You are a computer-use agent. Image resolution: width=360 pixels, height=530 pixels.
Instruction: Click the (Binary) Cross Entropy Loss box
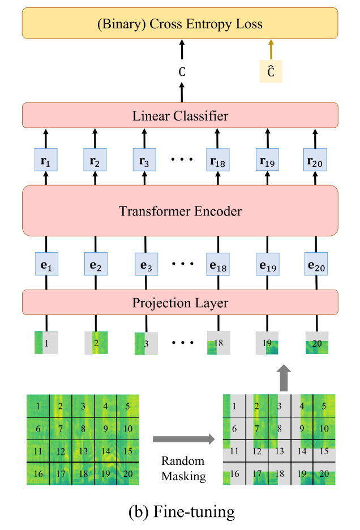click(180, 23)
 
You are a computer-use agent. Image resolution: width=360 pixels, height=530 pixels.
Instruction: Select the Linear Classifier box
click(180, 115)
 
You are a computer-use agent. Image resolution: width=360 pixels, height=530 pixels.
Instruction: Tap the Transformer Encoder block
click(180, 210)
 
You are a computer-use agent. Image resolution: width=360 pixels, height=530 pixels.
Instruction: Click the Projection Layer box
click(180, 303)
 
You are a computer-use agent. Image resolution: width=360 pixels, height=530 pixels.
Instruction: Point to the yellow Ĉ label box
click(271, 71)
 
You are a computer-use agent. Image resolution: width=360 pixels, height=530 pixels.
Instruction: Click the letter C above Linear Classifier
click(182, 72)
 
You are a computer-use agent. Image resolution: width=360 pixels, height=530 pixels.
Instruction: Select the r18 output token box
click(218, 160)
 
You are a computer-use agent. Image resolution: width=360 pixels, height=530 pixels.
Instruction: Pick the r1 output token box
click(46, 160)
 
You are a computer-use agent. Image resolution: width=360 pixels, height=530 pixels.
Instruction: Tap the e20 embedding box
click(316, 264)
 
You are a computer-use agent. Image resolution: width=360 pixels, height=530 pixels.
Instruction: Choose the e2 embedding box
click(96, 264)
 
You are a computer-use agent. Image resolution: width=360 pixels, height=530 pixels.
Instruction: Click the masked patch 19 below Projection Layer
click(267, 343)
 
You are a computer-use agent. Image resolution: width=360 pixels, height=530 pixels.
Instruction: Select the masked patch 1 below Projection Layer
click(46, 343)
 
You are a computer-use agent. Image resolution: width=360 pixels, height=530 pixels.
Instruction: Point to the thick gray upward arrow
click(284, 378)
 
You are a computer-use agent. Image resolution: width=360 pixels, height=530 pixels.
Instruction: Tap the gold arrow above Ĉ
click(271, 49)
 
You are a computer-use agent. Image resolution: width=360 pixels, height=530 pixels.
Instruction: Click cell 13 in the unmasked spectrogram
click(83, 451)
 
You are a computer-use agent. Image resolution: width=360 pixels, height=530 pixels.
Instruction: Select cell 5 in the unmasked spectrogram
click(128, 406)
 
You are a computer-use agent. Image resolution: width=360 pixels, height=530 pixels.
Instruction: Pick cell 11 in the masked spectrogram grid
click(234, 451)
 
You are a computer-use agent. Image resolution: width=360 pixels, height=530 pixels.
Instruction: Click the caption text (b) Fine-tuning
click(182, 511)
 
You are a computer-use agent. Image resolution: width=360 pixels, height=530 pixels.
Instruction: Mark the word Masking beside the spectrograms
click(183, 476)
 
